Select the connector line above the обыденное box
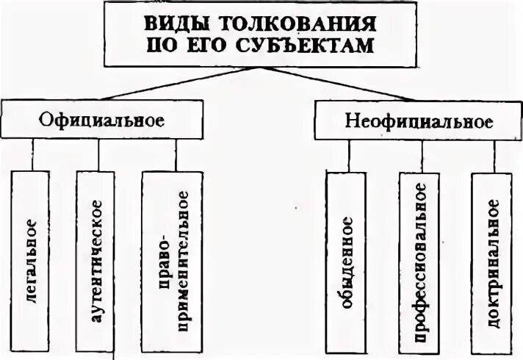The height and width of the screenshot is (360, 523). [349, 156]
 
